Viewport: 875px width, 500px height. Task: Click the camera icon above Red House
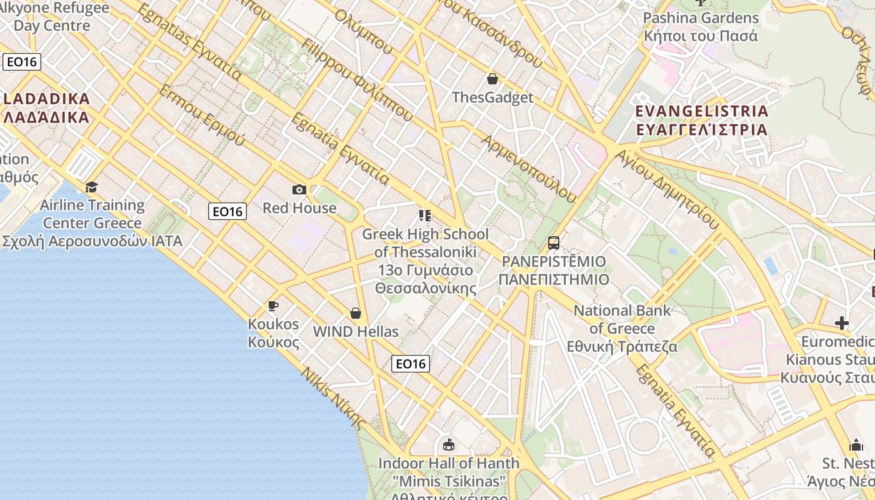coord(299,189)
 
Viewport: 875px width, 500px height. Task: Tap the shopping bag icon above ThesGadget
coord(492,79)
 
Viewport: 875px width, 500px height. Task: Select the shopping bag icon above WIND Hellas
coord(356,312)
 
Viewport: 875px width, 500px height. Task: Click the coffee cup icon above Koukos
coord(272,306)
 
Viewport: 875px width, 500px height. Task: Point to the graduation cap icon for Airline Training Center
coord(92,187)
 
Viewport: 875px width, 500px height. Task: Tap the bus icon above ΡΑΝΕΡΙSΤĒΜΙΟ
coord(553,243)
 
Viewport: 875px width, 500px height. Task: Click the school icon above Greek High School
coord(425,216)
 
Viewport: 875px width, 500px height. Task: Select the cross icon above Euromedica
coord(842,323)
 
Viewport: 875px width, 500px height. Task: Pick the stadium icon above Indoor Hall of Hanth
coord(448,445)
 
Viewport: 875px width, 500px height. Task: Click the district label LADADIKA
coord(46,98)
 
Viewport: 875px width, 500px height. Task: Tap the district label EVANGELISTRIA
coord(701,111)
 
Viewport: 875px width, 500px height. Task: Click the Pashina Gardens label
coord(701,18)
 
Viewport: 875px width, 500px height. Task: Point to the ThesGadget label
coord(492,97)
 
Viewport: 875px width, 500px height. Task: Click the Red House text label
coord(299,208)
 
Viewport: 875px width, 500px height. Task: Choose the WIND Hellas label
coord(356,332)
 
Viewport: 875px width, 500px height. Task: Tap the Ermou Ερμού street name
coord(201,115)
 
